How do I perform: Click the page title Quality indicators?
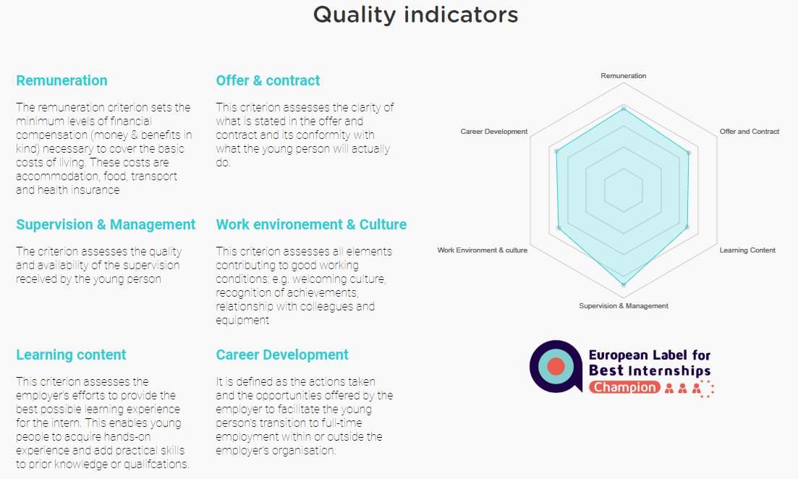[415, 14]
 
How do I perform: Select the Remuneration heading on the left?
[61, 80]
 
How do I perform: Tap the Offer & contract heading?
[268, 80]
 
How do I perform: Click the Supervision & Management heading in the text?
[106, 224]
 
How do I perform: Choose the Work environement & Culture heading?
[311, 224]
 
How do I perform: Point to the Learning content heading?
[71, 355]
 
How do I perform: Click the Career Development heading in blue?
[282, 355]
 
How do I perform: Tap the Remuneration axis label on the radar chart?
[624, 75]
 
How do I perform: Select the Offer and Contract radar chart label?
[750, 132]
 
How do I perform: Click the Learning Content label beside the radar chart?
[747, 250]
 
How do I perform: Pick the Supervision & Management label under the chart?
[624, 306]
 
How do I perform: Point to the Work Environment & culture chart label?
[482, 250]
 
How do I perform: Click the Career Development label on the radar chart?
[494, 132]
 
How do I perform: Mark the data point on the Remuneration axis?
[624, 109]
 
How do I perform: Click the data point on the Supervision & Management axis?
[624, 284]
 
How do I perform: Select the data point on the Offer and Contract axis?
[688, 153]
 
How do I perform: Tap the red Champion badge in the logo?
[624, 387]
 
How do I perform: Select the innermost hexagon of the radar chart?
[624, 190]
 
